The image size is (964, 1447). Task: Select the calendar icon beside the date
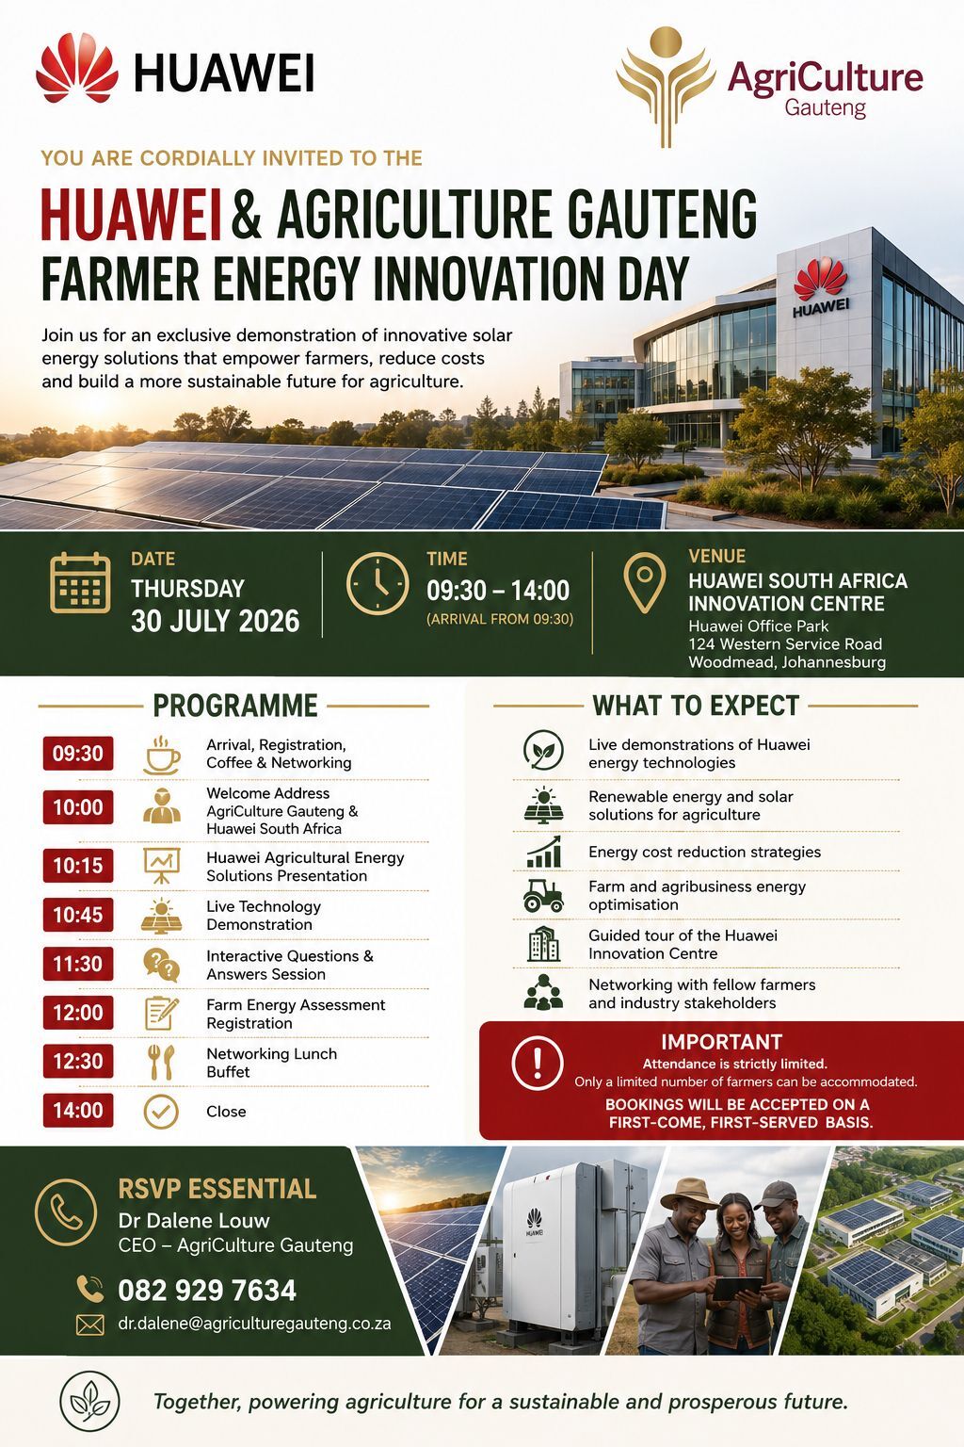[x=80, y=583]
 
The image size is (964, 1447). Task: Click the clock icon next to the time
[x=378, y=583]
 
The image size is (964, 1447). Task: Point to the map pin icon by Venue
[x=644, y=582]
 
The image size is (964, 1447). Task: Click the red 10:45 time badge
[x=78, y=914]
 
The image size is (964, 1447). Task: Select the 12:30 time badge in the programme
[x=78, y=1061]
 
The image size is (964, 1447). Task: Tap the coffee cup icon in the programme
[x=161, y=755]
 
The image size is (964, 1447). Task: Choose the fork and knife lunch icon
[x=161, y=1062]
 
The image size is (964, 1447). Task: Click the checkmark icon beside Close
[x=161, y=1111]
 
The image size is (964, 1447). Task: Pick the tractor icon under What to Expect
[x=543, y=895]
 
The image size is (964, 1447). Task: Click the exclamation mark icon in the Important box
[x=538, y=1062]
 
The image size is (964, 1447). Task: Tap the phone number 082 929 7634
[x=206, y=1290]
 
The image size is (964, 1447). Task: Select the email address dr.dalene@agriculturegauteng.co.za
[x=254, y=1323]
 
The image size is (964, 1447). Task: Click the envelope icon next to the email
[x=89, y=1325]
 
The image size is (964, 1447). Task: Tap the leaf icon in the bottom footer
[x=89, y=1401]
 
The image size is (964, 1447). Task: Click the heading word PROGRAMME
[x=235, y=706]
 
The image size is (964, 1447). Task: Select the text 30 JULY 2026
[x=215, y=621]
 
